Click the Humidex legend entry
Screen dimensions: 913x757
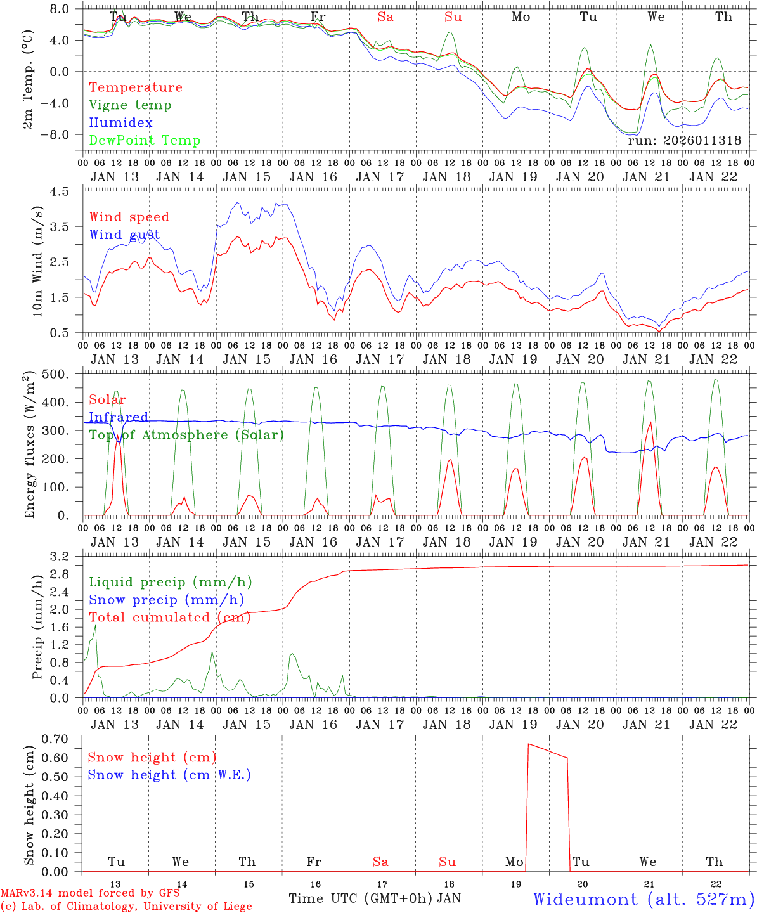tap(120, 123)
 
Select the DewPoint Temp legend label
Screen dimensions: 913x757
tap(145, 141)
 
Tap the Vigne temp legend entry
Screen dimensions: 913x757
tap(130, 105)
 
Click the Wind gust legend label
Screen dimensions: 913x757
tap(124, 235)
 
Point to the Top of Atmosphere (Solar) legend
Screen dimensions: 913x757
tap(186, 435)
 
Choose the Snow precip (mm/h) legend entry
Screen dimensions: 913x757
tap(166, 600)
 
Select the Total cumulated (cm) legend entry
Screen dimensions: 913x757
tap(169, 618)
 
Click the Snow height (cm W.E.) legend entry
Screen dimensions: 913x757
tap(169, 775)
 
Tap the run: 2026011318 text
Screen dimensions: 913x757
tap(684, 141)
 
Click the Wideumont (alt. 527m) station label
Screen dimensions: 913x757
tap(643, 899)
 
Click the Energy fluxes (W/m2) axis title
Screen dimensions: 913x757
tap(29, 446)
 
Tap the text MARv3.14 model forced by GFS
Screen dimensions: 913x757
tap(90, 893)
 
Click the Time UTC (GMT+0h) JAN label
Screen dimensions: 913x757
tap(375, 898)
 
